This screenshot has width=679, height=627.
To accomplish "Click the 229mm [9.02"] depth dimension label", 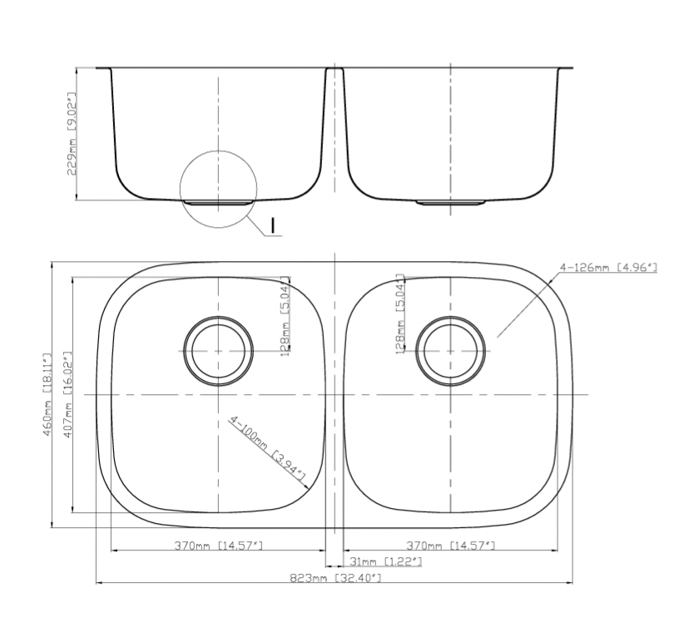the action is [71, 133].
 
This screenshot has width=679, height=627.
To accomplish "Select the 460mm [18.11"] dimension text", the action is [47, 395].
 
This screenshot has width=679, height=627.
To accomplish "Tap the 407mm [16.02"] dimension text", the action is [67, 395].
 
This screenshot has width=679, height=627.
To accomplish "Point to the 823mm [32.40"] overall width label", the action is [335, 578].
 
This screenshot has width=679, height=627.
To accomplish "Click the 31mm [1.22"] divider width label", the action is [385, 561].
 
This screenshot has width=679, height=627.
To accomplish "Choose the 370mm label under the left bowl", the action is [219, 546].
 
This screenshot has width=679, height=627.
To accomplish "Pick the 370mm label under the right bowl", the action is [450, 546].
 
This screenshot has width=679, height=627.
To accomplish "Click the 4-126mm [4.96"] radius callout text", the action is [608, 268].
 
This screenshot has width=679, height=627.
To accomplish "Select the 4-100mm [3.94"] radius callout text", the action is [267, 449].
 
